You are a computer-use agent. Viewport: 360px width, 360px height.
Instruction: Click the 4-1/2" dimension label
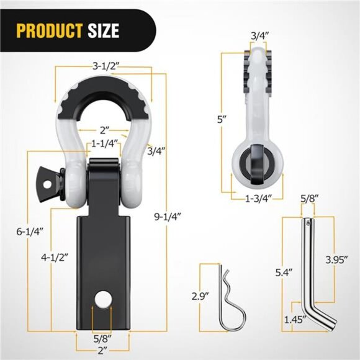[55, 256]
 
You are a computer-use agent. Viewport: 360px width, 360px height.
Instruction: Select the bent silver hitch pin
[312, 273]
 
